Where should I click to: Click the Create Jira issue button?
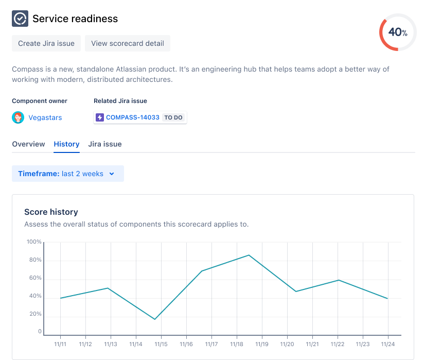[46, 43]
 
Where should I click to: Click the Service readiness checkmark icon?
[20, 19]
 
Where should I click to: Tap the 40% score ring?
[397, 32]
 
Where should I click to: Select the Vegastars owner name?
[45, 117]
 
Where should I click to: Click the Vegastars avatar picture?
[18, 117]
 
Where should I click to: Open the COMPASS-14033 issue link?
[133, 117]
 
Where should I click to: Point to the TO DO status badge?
[173, 117]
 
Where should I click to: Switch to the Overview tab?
[28, 144]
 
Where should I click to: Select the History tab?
[66, 144]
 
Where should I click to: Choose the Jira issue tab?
[105, 144]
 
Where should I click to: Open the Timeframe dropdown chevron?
[112, 174]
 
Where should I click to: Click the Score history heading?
[51, 212]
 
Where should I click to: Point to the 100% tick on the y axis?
[34, 242]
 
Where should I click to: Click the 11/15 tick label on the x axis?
[161, 344]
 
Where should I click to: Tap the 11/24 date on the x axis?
[388, 344]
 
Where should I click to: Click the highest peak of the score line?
[249, 255]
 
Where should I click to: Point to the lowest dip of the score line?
[155, 319]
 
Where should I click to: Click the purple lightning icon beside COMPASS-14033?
[100, 117]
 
